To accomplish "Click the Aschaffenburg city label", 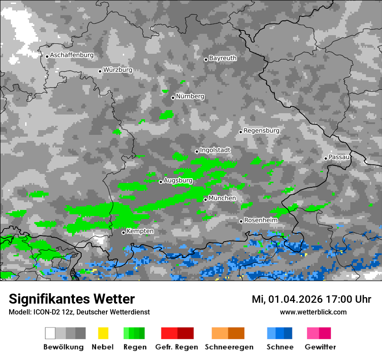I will click(72, 55).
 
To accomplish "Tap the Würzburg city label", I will click(118, 70).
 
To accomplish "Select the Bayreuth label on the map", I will click(223, 58).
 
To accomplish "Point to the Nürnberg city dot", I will click(173, 98).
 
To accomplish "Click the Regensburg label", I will click(261, 131).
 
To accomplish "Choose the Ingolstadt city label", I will click(215, 150).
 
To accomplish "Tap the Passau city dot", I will click(326, 158).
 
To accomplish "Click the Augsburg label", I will click(178, 180).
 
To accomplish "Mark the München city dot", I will click(205, 200).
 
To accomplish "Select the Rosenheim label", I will click(260, 220).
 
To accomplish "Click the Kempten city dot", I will click(123, 232).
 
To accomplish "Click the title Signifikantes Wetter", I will click(72, 299).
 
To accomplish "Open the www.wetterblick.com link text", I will click(313, 312).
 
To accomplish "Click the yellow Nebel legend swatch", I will click(103, 333).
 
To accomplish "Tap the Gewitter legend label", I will click(320, 347).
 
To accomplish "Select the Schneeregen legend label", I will click(229, 347).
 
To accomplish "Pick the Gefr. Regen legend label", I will click(176, 347).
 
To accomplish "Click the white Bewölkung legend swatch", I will click(50, 333).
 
